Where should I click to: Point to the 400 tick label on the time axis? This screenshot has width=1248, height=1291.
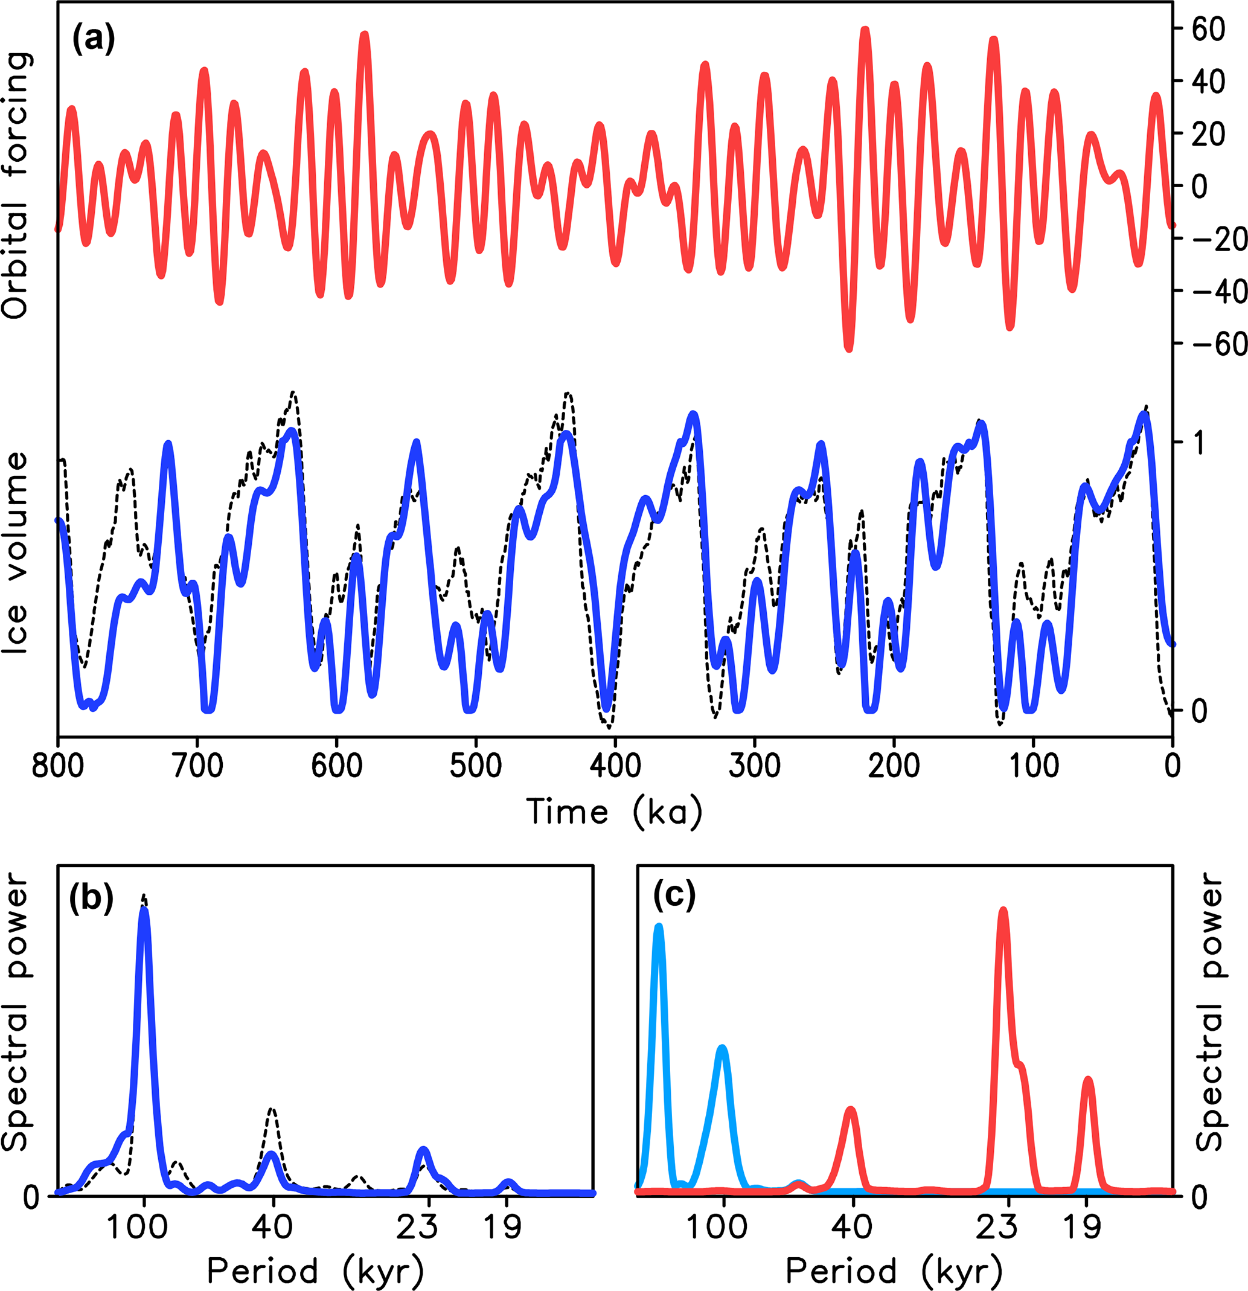(x=615, y=766)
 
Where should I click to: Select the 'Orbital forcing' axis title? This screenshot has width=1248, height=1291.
(x=16, y=185)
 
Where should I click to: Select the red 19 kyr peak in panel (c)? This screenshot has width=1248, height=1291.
(x=1088, y=1082)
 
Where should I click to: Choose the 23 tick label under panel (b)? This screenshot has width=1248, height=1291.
(x=418, y=1226)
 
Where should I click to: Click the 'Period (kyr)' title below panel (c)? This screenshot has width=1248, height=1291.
(x=894, y=1270)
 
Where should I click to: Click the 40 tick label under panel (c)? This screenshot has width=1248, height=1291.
(x=852, y=1226)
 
